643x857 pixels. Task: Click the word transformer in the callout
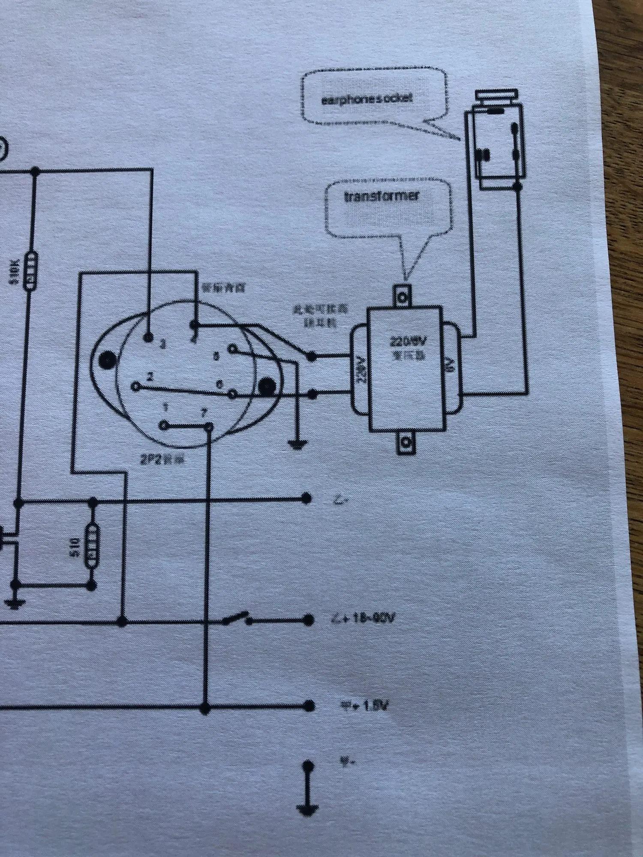click(382, 197)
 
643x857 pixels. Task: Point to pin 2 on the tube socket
click(136, 387)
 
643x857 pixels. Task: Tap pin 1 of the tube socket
click(164, 425)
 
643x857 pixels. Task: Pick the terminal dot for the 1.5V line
click(307, 705)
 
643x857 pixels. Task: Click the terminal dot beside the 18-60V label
click(307, 619)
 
